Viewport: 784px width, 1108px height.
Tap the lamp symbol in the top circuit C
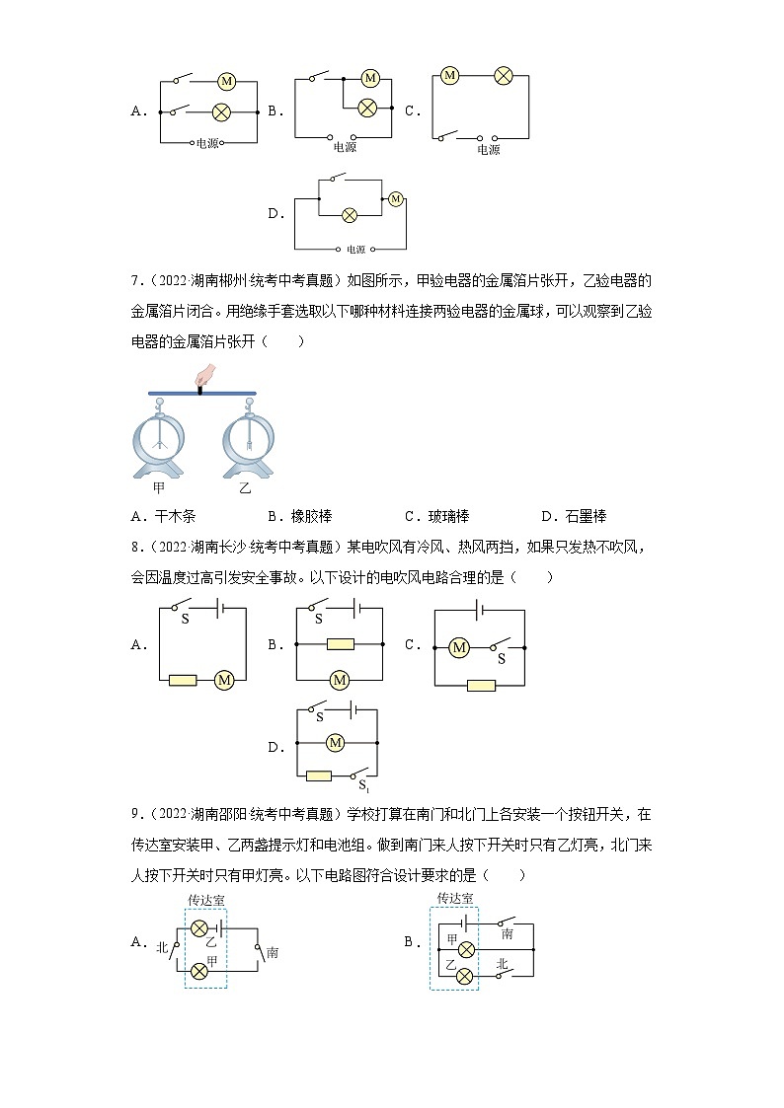(503, 75)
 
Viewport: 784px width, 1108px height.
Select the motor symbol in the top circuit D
(396, 198)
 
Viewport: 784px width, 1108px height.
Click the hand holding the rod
(205, 375)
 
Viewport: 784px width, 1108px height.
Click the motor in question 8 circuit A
(224, 680)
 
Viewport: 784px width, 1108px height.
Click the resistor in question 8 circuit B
(340, 644)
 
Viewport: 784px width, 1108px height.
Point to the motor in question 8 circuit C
(458, 647)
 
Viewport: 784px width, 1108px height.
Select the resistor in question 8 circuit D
(318, 776)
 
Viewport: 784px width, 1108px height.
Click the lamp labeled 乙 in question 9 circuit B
(466, 979)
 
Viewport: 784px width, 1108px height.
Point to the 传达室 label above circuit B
(454, 898)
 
